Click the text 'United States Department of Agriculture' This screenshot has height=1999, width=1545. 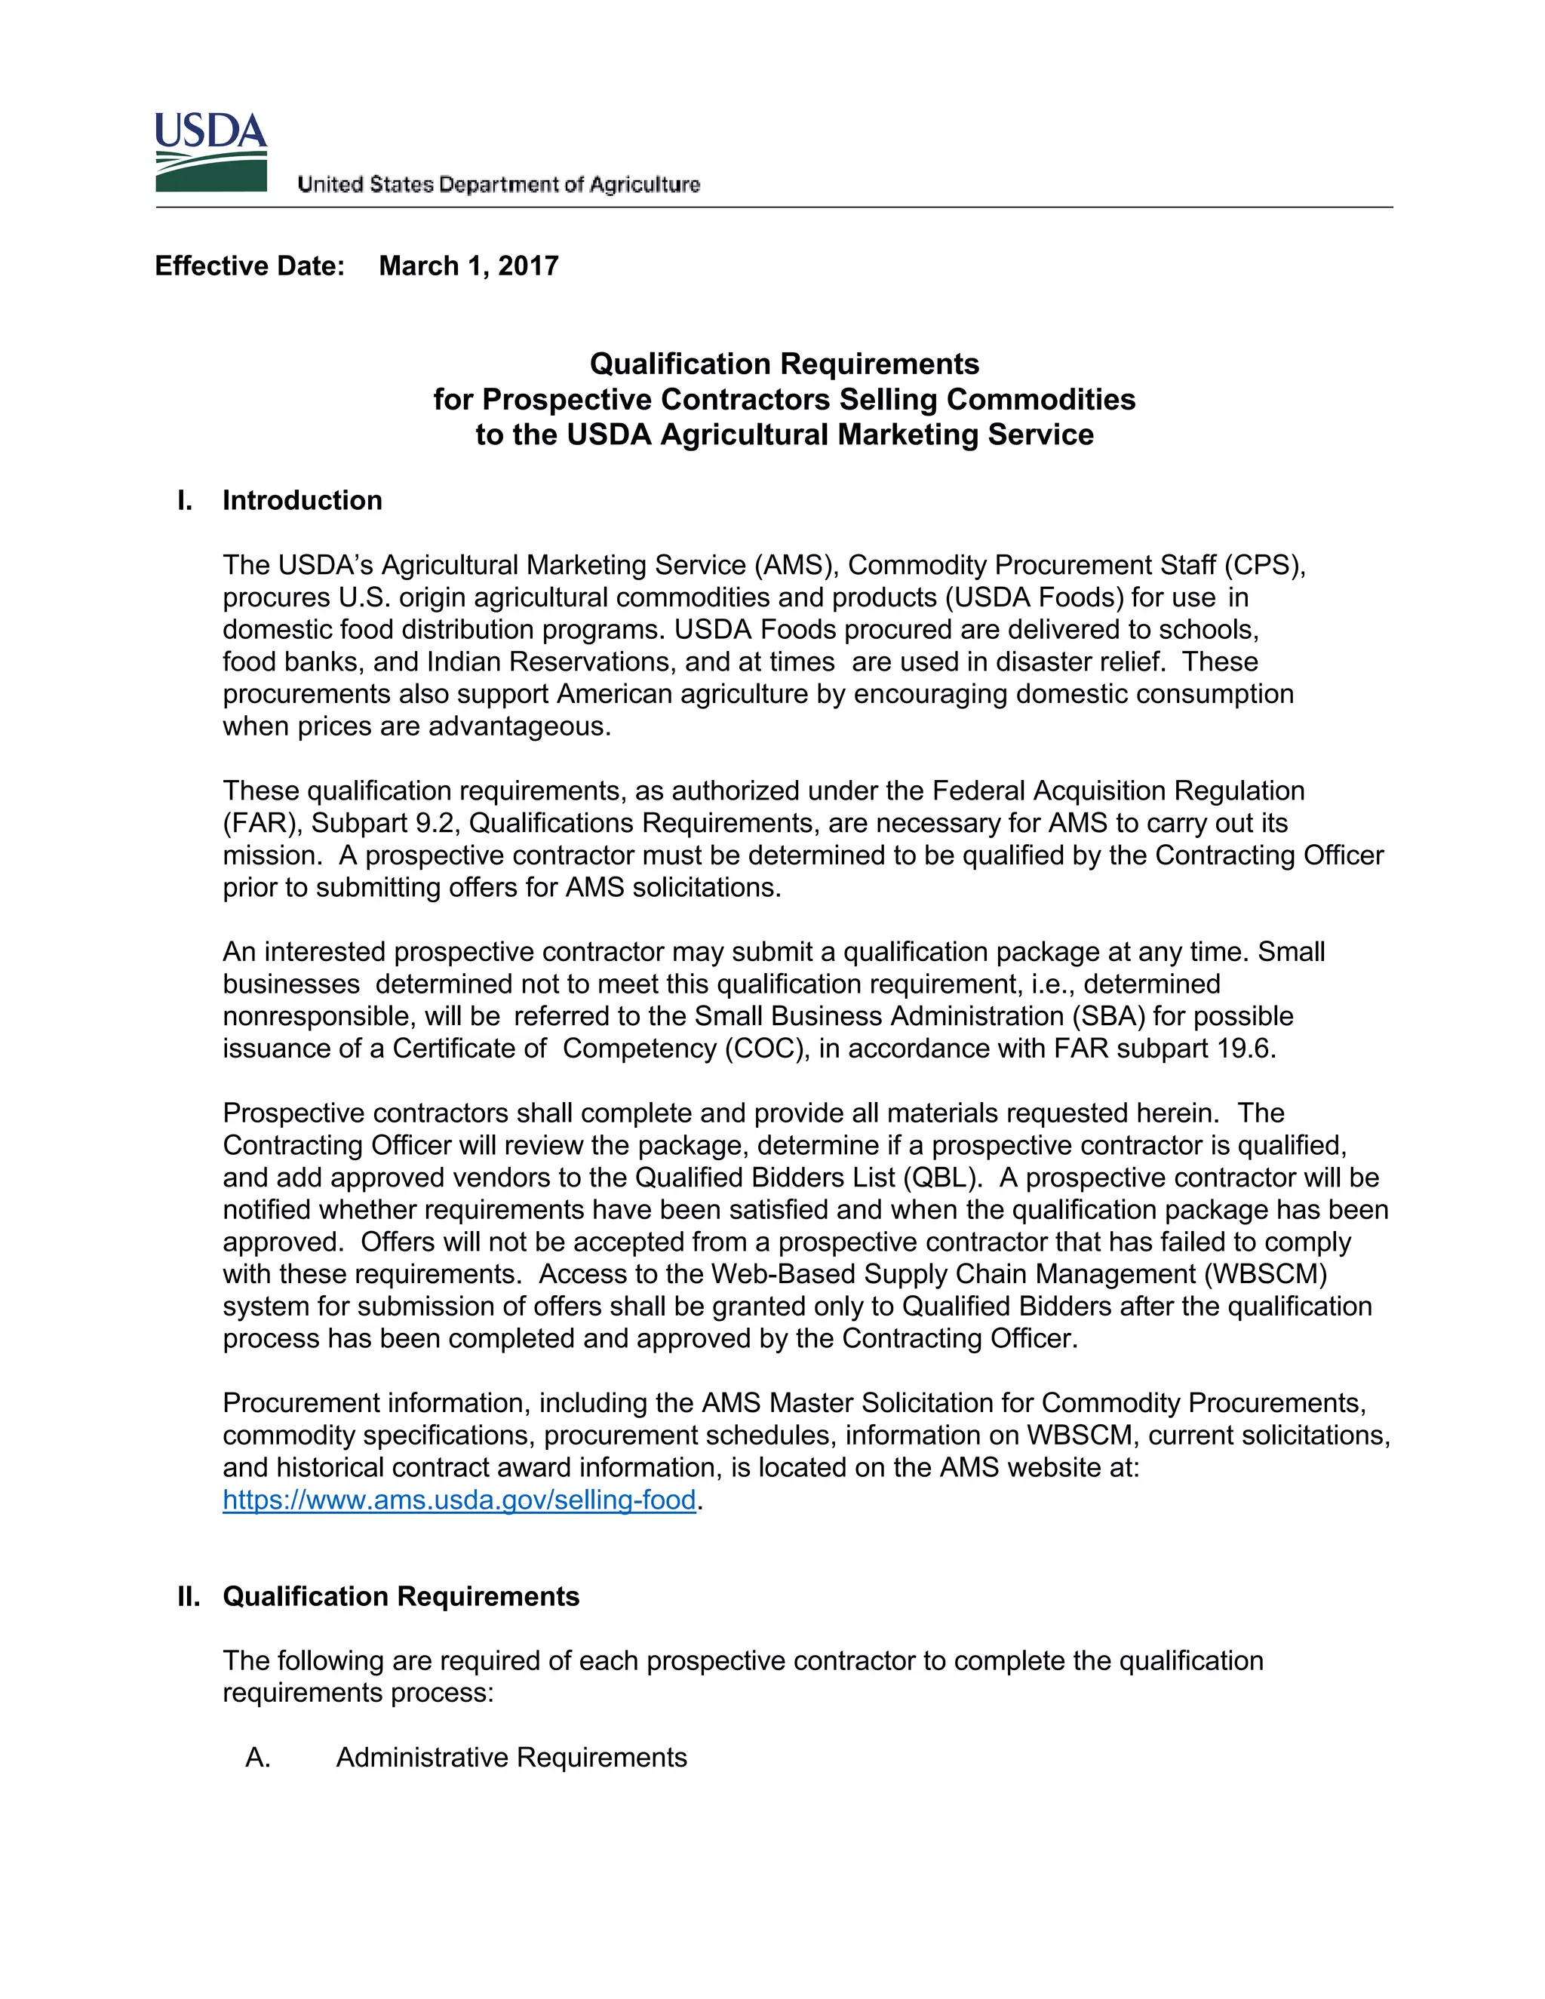pos(498,185)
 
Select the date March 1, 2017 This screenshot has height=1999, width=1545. pos(468,266)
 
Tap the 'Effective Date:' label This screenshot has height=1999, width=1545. pos(250,266)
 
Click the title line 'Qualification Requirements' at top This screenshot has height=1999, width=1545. pos(785,364)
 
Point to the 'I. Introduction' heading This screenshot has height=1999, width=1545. pos(280,501)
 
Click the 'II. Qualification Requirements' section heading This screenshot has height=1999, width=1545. pos(379,1596)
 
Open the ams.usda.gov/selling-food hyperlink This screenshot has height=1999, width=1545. pos(459,1500)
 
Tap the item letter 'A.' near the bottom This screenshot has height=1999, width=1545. pos(258,1758)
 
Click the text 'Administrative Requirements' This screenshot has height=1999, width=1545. pos(511,1758)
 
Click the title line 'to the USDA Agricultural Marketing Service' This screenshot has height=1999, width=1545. pos(785,434)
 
